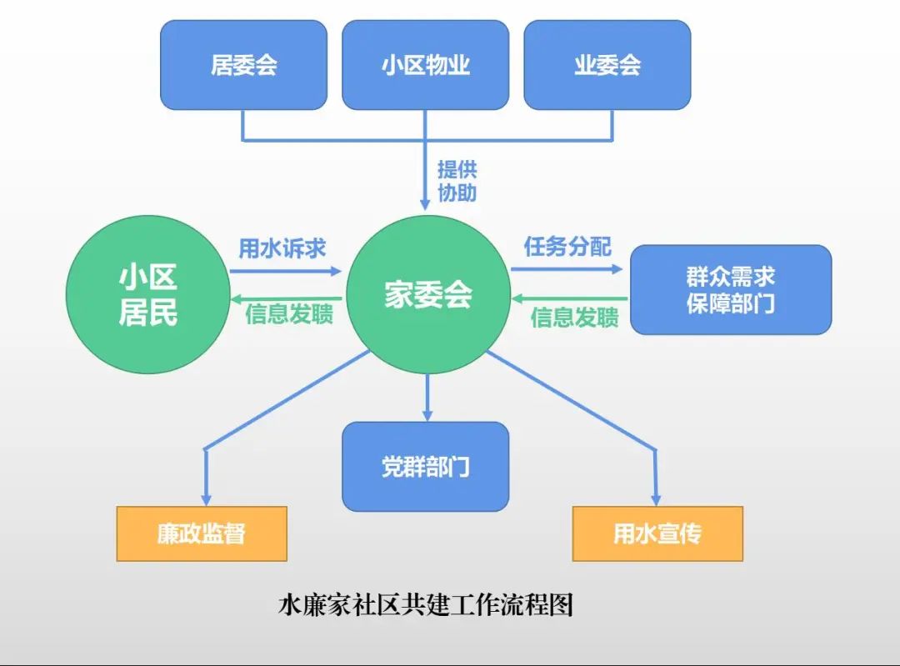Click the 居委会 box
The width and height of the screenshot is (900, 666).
[243, 65]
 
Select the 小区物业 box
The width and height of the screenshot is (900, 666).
[425, 65]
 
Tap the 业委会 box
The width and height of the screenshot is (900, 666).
[607, 65]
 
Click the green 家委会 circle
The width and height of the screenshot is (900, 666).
[427, 294]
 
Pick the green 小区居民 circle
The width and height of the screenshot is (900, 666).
[147, 294]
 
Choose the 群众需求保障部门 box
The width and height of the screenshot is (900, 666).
[730, 289]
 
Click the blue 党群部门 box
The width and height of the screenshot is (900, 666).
[425, 466]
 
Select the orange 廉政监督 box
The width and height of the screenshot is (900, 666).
[202, 533]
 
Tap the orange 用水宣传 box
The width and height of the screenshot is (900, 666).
[657, 533]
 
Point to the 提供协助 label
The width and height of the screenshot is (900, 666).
[457, 181]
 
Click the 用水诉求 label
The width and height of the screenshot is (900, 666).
[282, 248]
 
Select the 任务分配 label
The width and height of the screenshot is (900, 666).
[567, 247]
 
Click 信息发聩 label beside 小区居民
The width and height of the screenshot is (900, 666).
[289, 315]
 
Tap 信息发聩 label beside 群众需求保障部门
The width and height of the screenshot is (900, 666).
[574, 317]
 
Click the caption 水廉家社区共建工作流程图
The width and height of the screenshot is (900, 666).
[425, 604]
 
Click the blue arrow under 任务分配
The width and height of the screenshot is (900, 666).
[567, 269]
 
